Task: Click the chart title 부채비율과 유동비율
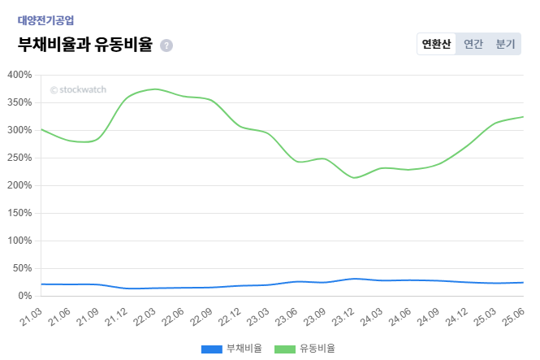[x=85, y=45]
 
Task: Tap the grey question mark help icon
[x=166, y=46]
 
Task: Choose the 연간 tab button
[x=473, y=44]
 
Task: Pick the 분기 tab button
[x=505, y=44]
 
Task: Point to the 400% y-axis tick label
[x=19, y=75]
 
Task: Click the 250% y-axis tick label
[x=19, y=158]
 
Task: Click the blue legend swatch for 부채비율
[x=211, y=349]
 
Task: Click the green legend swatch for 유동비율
[x=284, y=349]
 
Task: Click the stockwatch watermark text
[x=78, y=90]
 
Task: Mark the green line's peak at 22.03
[x=155, y=89]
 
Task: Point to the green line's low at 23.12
[x=353, y=178]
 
